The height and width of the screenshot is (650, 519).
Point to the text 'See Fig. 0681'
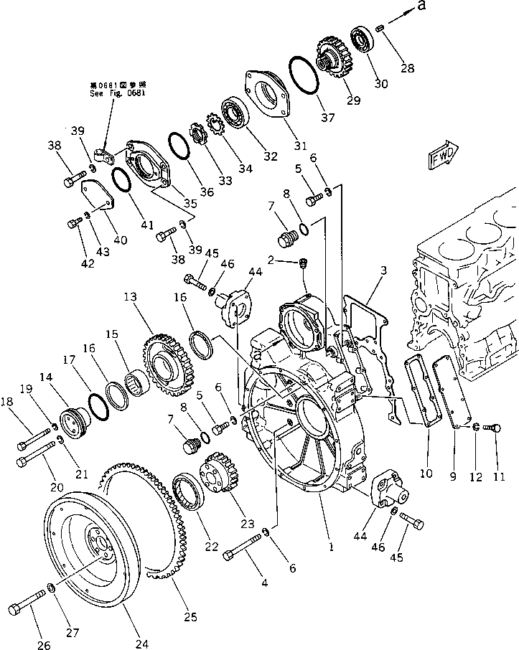(112, 93)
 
